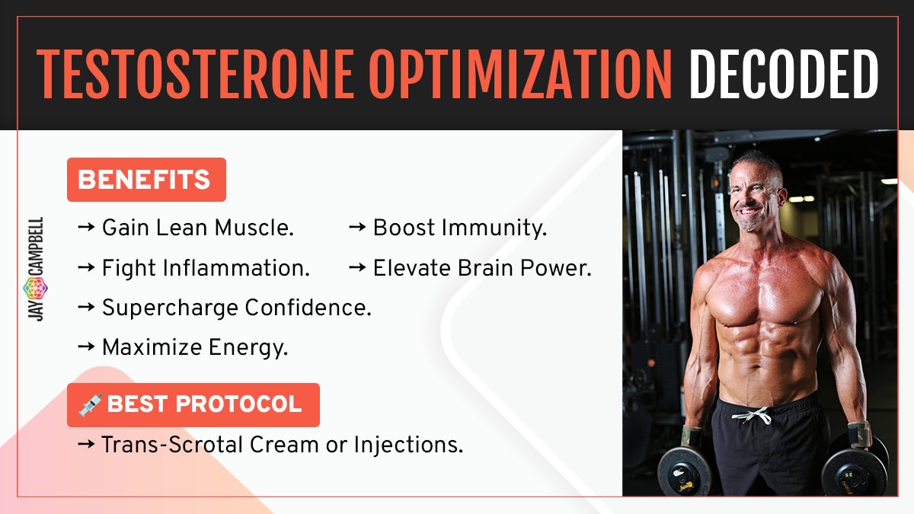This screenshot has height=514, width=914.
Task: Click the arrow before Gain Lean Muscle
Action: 86,228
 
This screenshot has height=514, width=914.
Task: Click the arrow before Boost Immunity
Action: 357,228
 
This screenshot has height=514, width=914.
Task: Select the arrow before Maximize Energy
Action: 86,348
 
